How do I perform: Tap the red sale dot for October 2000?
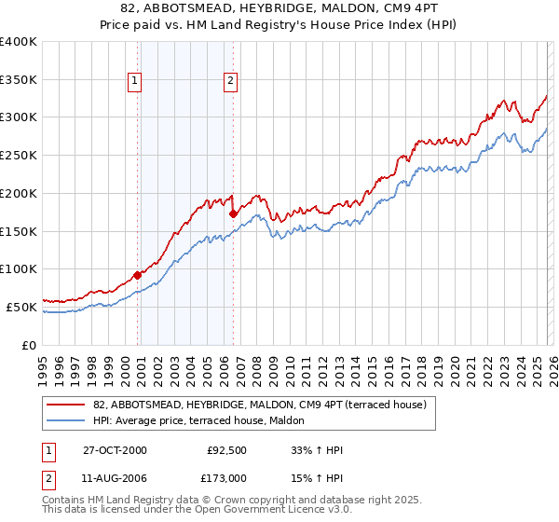(x=138, y=274)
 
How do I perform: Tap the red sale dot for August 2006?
(x=233, y=213)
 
